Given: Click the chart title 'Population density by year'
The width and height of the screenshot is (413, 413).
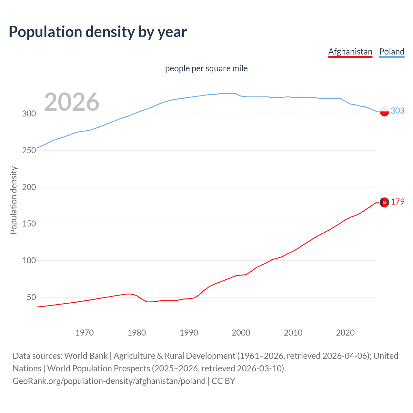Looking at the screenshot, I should point(98,32).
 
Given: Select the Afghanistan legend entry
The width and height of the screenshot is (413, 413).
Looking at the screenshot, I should point(350,52).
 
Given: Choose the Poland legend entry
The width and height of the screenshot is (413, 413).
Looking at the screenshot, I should point(392,52).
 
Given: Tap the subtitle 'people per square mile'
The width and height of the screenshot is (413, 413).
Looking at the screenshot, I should point(206,68).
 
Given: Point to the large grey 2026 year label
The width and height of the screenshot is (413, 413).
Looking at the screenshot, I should point(72,102).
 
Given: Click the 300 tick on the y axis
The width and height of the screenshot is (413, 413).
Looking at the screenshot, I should point(29,114).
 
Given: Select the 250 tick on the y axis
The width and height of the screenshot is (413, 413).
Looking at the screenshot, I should point(29,151).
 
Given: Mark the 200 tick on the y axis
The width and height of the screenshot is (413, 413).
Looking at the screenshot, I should point(29,187).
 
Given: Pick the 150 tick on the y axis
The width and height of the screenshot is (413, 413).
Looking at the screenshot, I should point(29,224).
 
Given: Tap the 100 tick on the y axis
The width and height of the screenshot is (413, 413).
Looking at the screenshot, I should point(29,260).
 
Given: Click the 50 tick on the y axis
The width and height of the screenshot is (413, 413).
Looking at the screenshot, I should point(31,297).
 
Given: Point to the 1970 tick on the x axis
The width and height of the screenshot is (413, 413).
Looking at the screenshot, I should point(85,333).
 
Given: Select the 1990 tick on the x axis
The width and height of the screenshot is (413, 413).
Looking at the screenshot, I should point(189,333).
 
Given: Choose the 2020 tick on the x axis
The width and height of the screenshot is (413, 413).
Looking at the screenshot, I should point(345,333).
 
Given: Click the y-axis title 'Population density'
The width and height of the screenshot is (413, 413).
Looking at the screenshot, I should point(14,200).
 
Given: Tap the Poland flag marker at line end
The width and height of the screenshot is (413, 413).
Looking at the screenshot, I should point(384,111).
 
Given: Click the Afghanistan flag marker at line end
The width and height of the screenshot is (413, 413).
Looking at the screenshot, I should point(384,202).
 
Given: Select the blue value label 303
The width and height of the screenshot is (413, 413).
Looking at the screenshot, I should point(398,111).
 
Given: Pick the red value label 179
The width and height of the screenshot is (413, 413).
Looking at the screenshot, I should point(398,202).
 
